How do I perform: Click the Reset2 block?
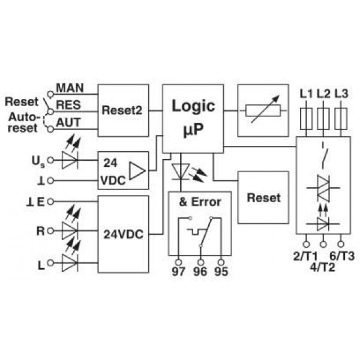pos(124,110)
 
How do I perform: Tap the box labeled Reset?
pos(263,197)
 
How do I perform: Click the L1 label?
pos(307,94)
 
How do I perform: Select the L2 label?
pos(323,94)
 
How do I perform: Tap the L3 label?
pos(341,94)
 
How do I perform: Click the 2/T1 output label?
pos(305,256)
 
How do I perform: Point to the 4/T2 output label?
pos(323,266)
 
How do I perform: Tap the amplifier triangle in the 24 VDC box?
pos(137,171)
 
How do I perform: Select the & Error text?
pos(200,202)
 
